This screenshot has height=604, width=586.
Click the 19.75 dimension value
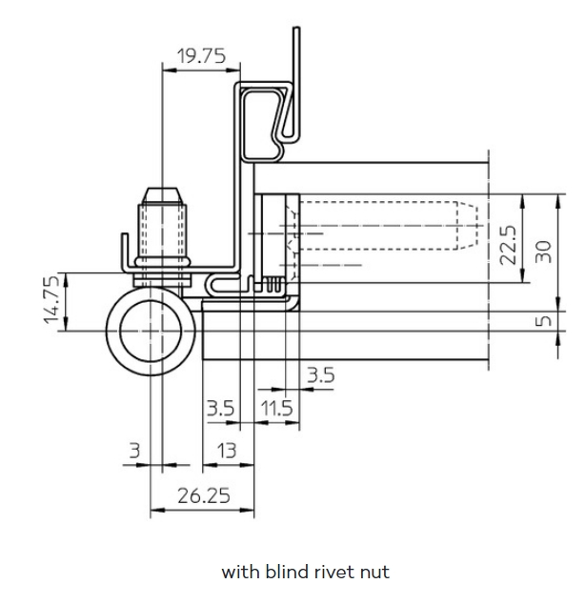point(201,56)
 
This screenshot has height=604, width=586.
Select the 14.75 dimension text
point(51,299)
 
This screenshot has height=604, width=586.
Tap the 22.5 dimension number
point(508,245)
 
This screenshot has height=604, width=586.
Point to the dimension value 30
point(544,252)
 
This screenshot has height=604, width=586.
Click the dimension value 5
point(544,320)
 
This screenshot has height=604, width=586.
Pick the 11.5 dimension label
point(276,408)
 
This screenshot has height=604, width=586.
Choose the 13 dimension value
point(226,451)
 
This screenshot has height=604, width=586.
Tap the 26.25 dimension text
point(204,495)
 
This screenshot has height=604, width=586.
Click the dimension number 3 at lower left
point(134,451)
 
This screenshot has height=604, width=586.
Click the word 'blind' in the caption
point(286,572)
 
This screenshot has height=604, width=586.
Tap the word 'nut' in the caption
point(374,573)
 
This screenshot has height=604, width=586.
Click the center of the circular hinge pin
point(151,331)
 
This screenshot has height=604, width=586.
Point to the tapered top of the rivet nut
point(162,196)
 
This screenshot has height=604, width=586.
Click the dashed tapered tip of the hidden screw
point(468,226)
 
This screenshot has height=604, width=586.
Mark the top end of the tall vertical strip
point(296,28)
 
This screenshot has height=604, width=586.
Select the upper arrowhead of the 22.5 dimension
point(523,201)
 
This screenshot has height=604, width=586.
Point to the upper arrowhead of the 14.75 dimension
point(66,280)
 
